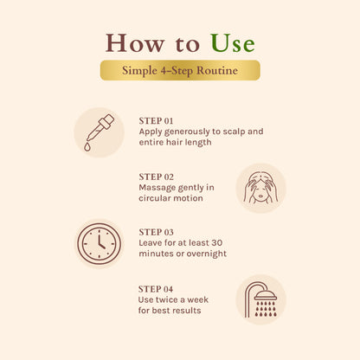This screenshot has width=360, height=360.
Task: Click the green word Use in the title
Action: click(x=233, y=43)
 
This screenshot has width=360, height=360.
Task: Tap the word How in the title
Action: click(x=135, y=43)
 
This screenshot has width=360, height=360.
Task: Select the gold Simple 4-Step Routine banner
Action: click(x=180, y=70)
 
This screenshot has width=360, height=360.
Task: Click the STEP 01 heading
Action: click(x=156, y=121)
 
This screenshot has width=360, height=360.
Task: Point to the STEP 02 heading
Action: click(x=156, y=177)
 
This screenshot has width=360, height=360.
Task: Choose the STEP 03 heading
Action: click(x=156, y=232)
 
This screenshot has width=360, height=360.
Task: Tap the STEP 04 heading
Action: click(x=156, y=289)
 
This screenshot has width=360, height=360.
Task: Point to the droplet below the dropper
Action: click(x=87, y=147)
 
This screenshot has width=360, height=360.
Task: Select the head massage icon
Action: click(x=261, y=188)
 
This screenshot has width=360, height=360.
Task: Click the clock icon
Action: click(x=99, y=244)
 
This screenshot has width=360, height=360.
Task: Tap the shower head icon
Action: click(x=260, y=300)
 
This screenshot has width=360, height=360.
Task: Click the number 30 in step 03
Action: click(x=216, y=243)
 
